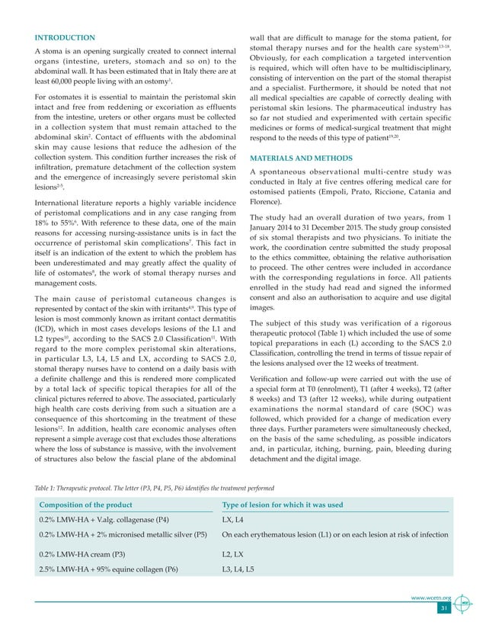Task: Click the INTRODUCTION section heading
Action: [64, 37]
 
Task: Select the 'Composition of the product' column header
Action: [85, 505]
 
